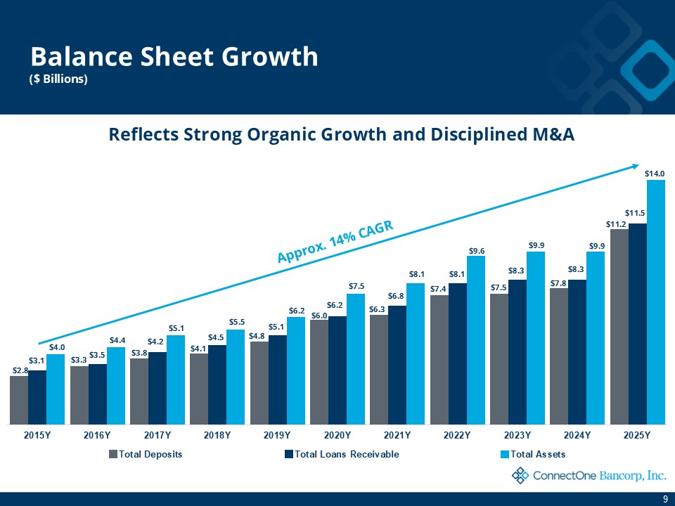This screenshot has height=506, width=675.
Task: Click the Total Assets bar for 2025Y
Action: (656, 302)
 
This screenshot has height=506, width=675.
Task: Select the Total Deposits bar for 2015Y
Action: (19, 400)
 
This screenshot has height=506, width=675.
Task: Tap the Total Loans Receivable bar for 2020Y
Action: (337, 370)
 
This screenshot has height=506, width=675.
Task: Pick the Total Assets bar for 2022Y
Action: (476, 340)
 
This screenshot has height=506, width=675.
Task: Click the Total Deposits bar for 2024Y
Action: (559, 356)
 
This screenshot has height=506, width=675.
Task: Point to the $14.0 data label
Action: (655, 171)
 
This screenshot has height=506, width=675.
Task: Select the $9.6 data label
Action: (476, 250)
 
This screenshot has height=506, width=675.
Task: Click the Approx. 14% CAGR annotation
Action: (333, 242)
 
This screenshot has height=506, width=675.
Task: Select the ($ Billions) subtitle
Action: (58, 79)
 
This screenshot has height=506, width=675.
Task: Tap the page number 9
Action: (665, 498)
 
